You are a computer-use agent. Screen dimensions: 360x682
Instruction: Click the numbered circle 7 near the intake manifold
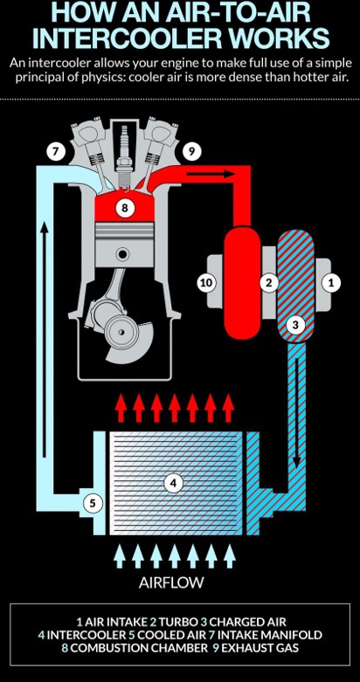click(56, 152)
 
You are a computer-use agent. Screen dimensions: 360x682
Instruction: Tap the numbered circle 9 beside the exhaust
click(191, 152)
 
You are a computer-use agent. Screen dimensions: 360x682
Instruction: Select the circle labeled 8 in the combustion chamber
click(125, 209)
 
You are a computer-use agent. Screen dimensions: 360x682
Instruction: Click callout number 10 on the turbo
click(206, 283)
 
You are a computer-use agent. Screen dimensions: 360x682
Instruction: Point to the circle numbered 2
click(269, 283)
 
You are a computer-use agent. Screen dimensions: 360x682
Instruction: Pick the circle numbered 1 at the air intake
click(331, 283)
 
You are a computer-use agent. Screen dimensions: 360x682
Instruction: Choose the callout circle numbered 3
click(295, 325)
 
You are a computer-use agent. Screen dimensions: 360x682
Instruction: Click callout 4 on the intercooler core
click(174, 483)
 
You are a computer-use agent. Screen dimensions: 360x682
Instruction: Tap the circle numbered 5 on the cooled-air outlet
click(92, 504)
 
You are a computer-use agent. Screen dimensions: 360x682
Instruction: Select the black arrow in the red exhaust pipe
click(211, 174)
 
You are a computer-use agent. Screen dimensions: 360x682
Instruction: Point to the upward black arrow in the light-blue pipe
click(44, 339)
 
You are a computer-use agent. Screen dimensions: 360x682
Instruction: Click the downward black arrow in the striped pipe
click(296, 414)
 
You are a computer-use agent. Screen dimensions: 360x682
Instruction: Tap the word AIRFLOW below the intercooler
click(171, 582)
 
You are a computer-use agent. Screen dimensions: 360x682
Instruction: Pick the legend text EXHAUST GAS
click(260, 648)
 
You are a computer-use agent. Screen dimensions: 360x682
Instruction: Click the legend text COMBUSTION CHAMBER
click(139, 648)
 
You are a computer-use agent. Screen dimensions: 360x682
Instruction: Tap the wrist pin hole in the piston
click(123, 253)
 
